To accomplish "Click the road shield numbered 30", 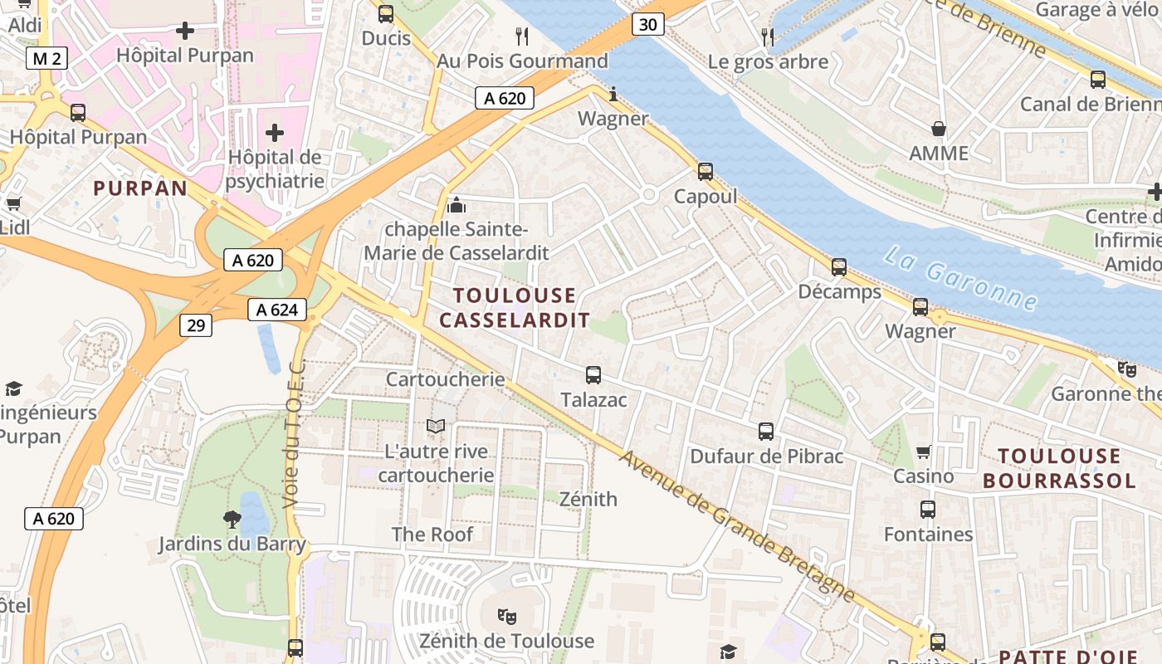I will click(x=648, y=25).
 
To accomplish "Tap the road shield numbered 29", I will click(x=196, y=325).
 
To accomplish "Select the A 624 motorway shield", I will click(x=277, y=310).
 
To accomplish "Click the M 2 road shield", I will click(x=46, y=58).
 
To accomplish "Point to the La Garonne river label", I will click(x=959, y=278).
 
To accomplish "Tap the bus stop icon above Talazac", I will click(x=593, y=375).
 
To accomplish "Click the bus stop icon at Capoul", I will click(x=705, y=172).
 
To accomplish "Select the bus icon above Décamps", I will click(x=839, y=267).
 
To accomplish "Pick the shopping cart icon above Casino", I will click(x=924, y=452).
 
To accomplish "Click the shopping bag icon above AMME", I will click(x=939, y=129).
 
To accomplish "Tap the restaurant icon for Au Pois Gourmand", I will click(x=522, y=37).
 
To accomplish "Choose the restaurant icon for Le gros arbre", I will click(x=768, y=37).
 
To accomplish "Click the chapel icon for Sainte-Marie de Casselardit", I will click(x=456, y=204).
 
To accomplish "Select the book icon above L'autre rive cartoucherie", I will click(x=436, y=427).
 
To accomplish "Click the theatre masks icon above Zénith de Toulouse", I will click(x=506, y=616).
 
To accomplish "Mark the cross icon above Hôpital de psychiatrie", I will click(x=274, y=133).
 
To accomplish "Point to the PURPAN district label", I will click(x=140, y=188).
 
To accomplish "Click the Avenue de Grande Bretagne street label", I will click(x=737, y=526).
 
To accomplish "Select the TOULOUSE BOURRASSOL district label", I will click(x=1059, y=468).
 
